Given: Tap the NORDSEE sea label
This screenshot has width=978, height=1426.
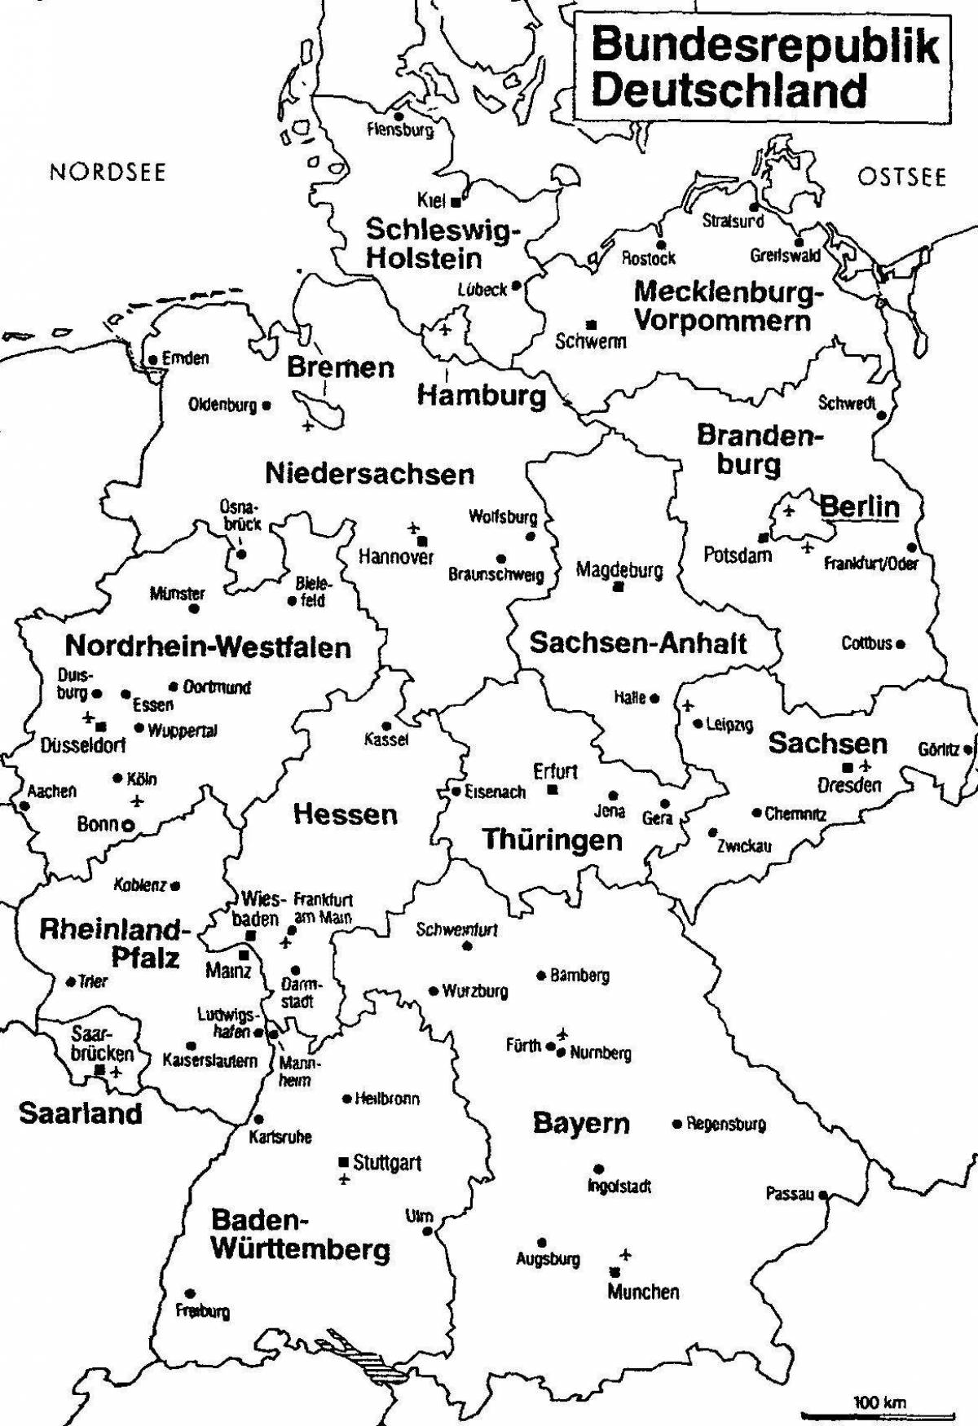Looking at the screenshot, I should [x=108, y=172].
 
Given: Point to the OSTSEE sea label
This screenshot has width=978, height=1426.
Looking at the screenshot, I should [x=901, y=177].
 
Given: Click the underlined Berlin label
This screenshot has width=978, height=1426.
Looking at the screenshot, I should [x=859, y=507].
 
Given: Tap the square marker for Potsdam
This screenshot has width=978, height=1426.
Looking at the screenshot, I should [x=762, y=537].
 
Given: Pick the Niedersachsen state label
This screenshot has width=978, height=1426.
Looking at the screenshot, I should [x=369, y=473].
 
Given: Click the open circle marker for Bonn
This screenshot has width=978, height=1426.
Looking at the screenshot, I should [x=128, y=825].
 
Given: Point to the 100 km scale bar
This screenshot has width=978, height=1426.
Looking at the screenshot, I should [x=879, y=1415].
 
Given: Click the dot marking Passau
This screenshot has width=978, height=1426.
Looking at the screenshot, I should [x=823, y=1195].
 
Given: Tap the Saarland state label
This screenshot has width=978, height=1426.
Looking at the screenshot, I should [x=80, y=1112].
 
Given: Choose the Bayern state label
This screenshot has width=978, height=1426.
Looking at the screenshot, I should [x=581, y=1123].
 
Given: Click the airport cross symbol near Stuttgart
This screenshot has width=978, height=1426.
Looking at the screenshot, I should [x=343, y=1180].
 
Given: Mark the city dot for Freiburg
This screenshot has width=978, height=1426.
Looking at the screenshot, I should [x=189, y=1293].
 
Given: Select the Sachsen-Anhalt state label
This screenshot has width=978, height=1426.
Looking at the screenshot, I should [x=638, y=643].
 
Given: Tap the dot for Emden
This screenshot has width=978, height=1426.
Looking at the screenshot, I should [x=152, y=359].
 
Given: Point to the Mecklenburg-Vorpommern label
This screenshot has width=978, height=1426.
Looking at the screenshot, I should [x=727, y=305].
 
